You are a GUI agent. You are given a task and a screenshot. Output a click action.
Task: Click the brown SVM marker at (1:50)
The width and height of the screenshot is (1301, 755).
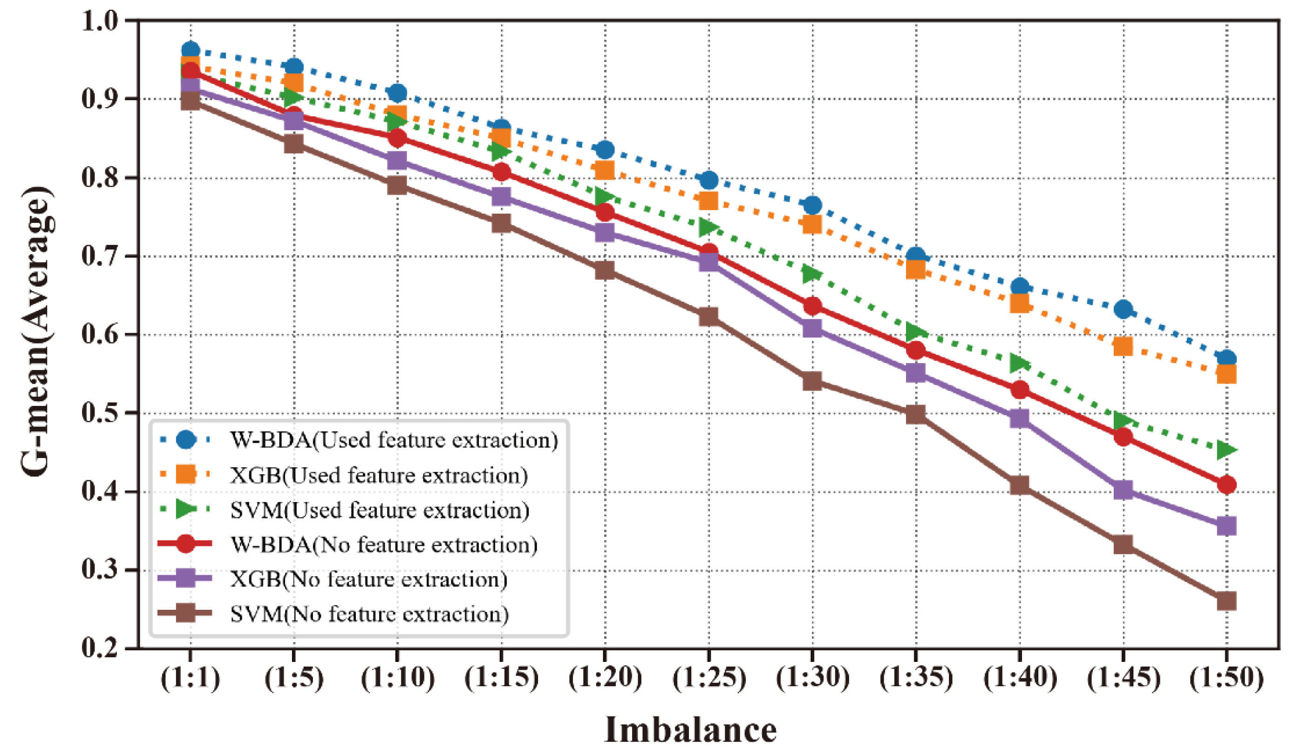[1226, 601]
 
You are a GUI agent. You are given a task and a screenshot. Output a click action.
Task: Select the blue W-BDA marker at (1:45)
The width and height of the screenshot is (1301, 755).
[1123, 310]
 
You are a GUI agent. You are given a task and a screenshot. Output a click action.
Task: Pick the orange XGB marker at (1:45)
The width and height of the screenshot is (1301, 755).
[1123, 346]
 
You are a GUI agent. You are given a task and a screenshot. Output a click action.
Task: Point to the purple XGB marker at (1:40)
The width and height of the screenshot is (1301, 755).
[1019, 418]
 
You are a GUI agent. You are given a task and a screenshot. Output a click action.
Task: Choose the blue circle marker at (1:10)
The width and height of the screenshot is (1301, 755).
[397, 94]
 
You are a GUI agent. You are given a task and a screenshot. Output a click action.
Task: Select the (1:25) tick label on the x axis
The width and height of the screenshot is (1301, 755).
[709, 678]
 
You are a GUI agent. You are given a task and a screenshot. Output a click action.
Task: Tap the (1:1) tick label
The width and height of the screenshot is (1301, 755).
[190, 678]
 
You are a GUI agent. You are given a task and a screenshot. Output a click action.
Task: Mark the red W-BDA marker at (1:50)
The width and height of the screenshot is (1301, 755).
[1226, 485]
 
